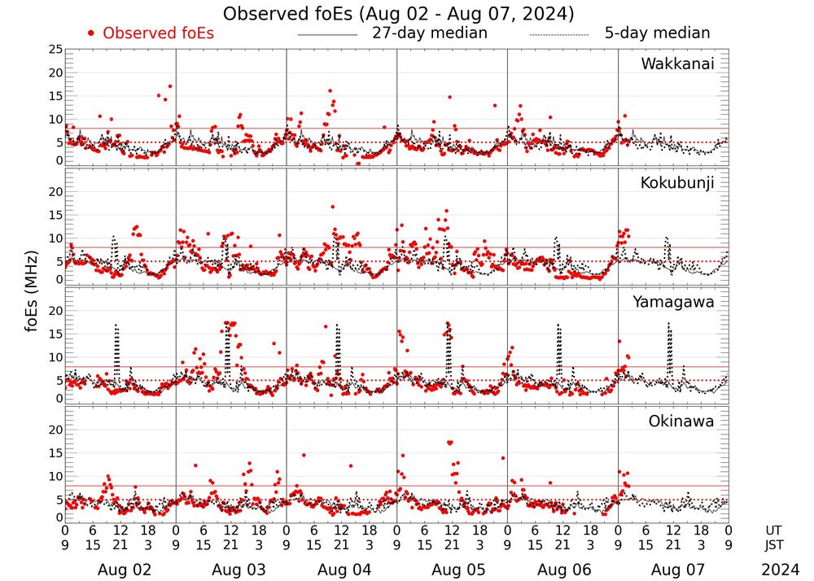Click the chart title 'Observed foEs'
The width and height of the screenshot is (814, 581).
click(x=398, y=14)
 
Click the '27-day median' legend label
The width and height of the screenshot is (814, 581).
click(x=429, y=33)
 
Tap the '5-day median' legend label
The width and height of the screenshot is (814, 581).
click(x=657, y=33)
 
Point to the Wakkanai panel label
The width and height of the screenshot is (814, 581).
click(x=677, y=64)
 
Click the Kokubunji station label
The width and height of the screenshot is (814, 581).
click(x=677, y=183)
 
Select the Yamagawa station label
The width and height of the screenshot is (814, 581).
click(x=674, y=302)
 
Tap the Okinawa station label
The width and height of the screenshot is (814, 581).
click(x=681, y=422)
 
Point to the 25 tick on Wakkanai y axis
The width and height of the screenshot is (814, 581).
click(x=55, y=50)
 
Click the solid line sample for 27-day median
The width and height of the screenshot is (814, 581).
click(x=327, y=35)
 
